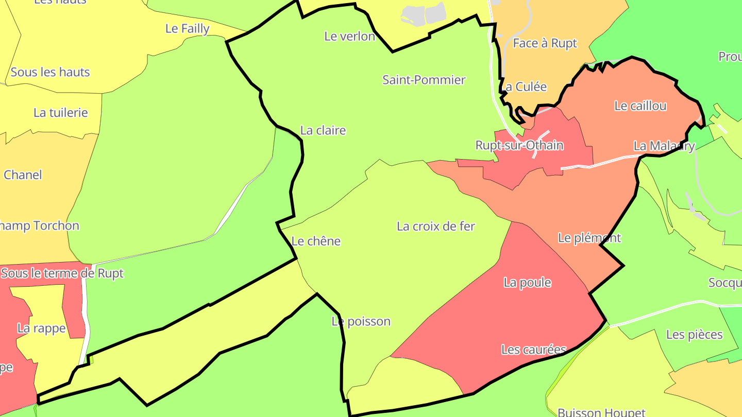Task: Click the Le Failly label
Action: (x=187, y=29)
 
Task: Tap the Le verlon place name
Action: (x=349, y=36)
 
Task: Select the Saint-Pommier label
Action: (x=424, y=80)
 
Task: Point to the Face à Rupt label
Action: (x=545, y=44)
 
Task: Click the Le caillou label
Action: (x=640, y=106)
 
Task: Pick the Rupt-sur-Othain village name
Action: (x=519, y=146)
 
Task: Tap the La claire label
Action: (x=323, y=131)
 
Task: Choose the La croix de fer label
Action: (x=435, y=227)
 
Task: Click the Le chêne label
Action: (x=316, y=241)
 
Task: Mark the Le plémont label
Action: (x=589, y=238)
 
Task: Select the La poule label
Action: (x=527, y=283)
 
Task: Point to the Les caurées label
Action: (x=533, y=350)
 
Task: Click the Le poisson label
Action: (x=361, y=322)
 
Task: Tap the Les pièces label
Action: (x=694, y=335)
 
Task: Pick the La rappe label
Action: (x=41, y=328)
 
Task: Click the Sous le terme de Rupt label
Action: (x=62, y=273)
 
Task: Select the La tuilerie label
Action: (x=60, y=113)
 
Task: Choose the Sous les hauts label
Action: (x=50, y=72)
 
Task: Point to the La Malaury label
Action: (x=664, y=146)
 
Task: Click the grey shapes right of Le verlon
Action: (x=424, y=14)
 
